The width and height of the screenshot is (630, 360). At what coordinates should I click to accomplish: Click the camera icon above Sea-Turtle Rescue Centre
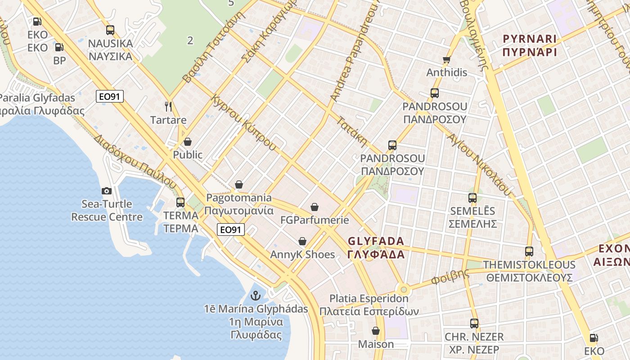(107, 191)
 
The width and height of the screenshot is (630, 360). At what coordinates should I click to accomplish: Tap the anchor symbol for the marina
(256, 296)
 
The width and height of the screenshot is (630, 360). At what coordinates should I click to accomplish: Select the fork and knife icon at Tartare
(168, 107)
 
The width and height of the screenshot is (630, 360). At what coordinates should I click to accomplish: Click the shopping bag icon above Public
(188, 142)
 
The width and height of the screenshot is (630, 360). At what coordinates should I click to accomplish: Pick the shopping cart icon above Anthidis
(446, 59)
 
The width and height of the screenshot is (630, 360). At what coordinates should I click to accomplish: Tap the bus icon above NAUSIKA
(110, 30)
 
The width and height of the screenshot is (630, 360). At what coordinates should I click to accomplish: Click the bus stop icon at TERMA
(180, 202)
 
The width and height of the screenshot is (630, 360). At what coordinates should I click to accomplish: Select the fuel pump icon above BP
(59, 47)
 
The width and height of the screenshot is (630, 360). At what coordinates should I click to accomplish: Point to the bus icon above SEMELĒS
(472, 198)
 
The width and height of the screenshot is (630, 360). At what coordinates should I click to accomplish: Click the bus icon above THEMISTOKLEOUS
(529, 252)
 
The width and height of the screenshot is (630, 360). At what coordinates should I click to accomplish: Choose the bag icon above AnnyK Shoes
(302, 242)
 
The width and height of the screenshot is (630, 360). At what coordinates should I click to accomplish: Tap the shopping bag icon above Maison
(376, 331)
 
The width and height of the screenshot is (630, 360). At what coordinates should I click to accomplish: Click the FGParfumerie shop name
(315, 220)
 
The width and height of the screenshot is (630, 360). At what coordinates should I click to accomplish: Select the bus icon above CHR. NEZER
(474, 323)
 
